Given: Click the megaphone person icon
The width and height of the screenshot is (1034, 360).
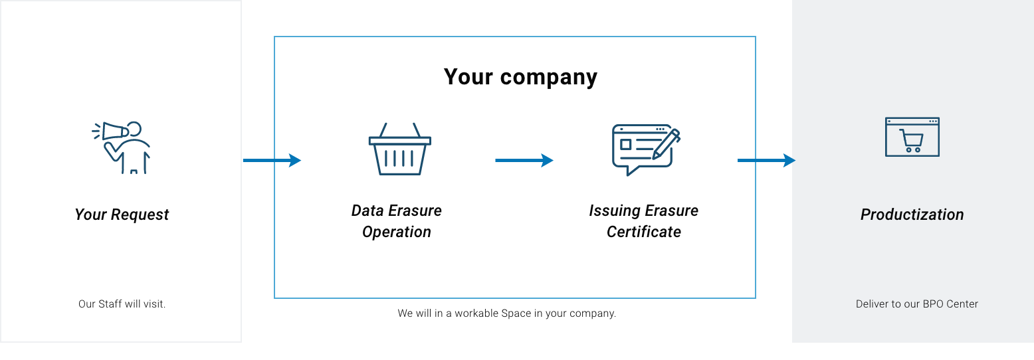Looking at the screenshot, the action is pos(122,147).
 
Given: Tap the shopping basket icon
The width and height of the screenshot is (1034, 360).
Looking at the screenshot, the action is pos(400,149).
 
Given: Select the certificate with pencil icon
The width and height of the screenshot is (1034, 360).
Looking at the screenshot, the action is pos(646,149).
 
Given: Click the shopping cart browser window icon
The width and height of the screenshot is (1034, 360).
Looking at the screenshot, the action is pos(912,137).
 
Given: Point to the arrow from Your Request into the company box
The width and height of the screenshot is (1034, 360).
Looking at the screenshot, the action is pos(272,160).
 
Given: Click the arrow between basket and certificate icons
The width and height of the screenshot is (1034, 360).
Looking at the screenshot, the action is pos(524,160).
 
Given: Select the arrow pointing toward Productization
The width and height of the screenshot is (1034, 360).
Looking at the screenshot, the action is pos(766,160).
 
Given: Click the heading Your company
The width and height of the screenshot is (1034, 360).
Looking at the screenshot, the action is pos(520,77).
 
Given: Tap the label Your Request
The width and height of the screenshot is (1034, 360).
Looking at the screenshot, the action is pos(122,215).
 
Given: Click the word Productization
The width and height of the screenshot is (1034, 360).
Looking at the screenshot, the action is pos(912,215).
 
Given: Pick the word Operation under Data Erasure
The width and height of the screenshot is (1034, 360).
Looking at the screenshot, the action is pos(397,232).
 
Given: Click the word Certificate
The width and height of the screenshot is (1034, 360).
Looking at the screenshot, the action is pos(643,232).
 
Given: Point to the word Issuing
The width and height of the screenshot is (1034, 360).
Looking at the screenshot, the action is pos(613,211).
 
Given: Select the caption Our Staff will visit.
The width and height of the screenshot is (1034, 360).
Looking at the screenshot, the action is pos(122,304).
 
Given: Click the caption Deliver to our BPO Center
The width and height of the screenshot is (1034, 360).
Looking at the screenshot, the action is pos(917,304).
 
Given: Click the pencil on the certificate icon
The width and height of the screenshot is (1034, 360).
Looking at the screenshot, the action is pos(666,144).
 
